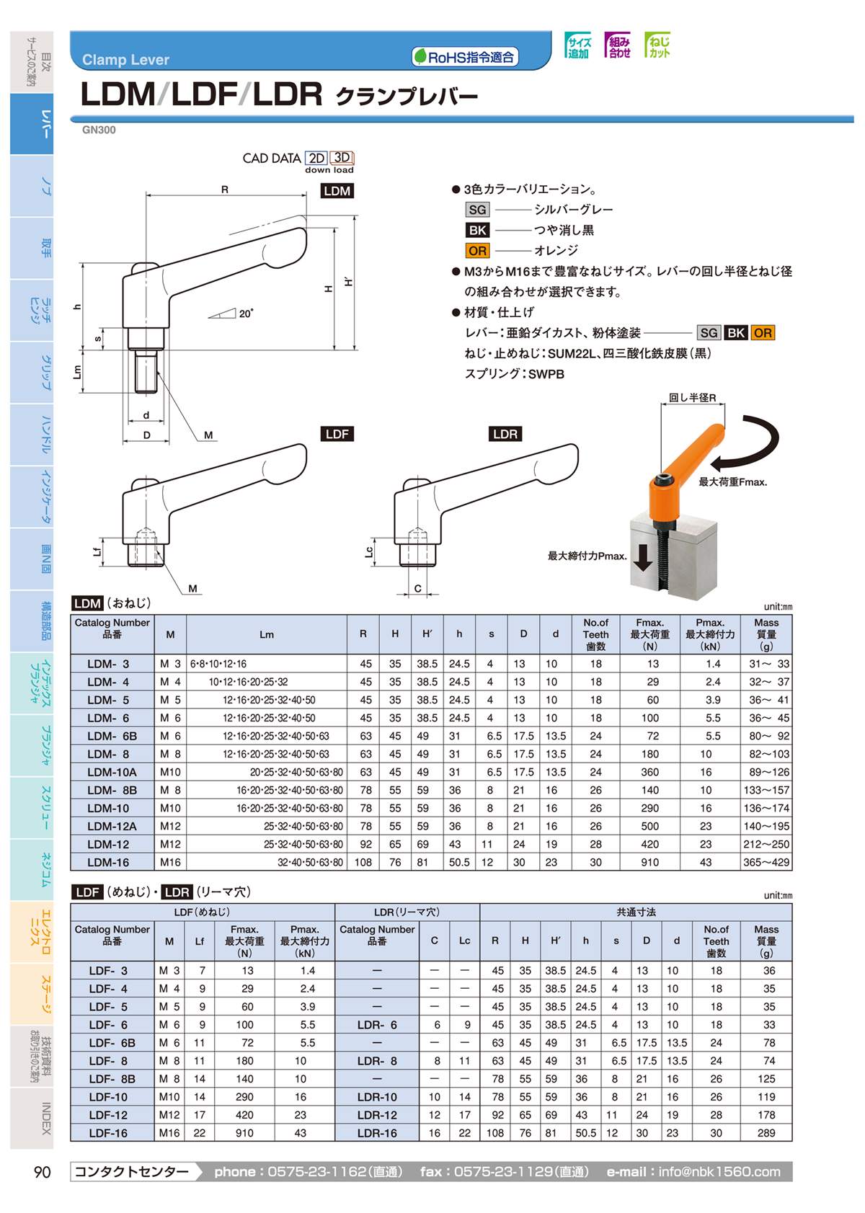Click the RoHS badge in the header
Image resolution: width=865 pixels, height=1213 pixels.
(x=466, y=57)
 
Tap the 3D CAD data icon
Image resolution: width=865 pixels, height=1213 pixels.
(x=342, y=158)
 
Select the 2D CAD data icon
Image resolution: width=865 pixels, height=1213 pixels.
(x=316, y=158)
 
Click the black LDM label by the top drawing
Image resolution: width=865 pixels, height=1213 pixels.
(x=337, y=191)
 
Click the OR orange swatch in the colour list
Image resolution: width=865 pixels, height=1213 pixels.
(x=477, y=251)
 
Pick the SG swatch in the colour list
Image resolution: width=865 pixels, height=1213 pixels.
(x=477, y=210)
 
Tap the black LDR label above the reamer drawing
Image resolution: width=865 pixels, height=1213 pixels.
(x=505, y=434)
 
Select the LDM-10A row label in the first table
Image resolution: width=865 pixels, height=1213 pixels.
(x=112, y=772)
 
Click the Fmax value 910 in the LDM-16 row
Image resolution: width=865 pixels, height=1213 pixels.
(x=649, y=862)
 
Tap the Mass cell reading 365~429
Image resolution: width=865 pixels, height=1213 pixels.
(x=766, y=862)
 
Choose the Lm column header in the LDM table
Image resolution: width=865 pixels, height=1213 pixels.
(x=267, y=634)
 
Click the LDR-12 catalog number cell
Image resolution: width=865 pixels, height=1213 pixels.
(x=377, y=1115)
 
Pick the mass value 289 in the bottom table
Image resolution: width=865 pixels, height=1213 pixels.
(x=766, y=1133)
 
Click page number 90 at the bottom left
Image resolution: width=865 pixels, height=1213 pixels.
(x=43, y=1172)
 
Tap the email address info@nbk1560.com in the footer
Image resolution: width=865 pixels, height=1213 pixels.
(x=719, y=1172)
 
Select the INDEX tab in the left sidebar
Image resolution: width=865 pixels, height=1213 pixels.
(x=45, y=1119)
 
